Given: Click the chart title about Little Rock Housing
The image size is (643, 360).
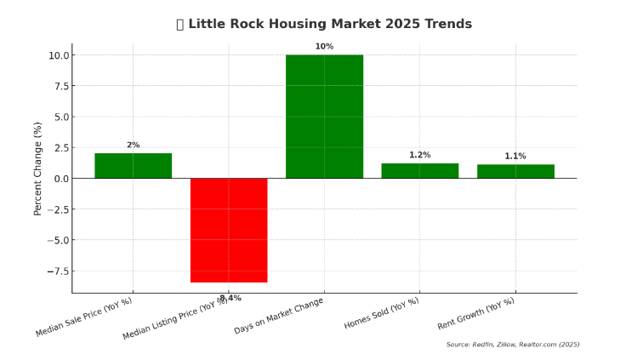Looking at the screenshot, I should [x=323, y=24].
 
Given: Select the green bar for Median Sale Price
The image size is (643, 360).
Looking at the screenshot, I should [x=133, y=166].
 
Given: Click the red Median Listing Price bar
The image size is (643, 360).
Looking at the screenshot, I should [x=229, y=230].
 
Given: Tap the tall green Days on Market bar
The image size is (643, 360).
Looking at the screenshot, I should [x=324, y=117].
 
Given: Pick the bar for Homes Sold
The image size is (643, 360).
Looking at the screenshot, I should [x=419, y=171].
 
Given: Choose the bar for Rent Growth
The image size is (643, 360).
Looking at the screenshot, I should [x=515, y=171].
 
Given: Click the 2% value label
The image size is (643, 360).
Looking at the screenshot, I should [x=133, y=146].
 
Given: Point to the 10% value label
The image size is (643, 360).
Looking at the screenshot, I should [x=324, y=47].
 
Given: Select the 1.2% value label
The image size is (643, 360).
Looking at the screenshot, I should [x=419, y=155].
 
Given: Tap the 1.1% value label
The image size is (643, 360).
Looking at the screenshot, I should [x=515, y=156].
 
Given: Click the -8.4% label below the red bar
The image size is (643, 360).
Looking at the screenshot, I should [x=230, y=298].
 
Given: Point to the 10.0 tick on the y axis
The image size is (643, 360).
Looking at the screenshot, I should [x=60, y=55].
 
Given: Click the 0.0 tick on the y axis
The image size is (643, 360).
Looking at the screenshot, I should [x=62, y=179].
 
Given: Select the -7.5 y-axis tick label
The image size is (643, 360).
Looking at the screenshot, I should [x=58, y=271].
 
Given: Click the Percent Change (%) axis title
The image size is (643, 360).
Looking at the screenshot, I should [x=37, y=169].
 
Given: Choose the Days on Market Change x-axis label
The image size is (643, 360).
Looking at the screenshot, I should [x=279, y=316].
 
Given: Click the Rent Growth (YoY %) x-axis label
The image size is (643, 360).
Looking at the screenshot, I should [x=476, y=314].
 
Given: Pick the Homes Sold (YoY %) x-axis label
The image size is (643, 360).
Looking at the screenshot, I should [x=382, y=314].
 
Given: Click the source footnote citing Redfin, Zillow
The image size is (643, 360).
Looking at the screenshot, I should [x=513, y=345].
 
